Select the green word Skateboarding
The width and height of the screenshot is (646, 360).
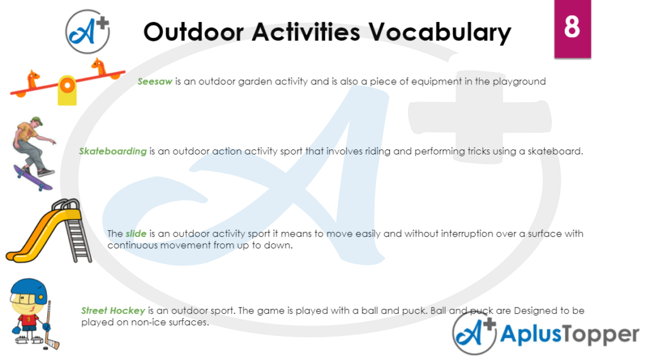[112, 151]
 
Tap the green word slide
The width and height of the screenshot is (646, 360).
[136, 234]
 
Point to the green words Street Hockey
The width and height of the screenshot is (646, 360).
[113, 311]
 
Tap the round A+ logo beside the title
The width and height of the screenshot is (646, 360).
[88, 31]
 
